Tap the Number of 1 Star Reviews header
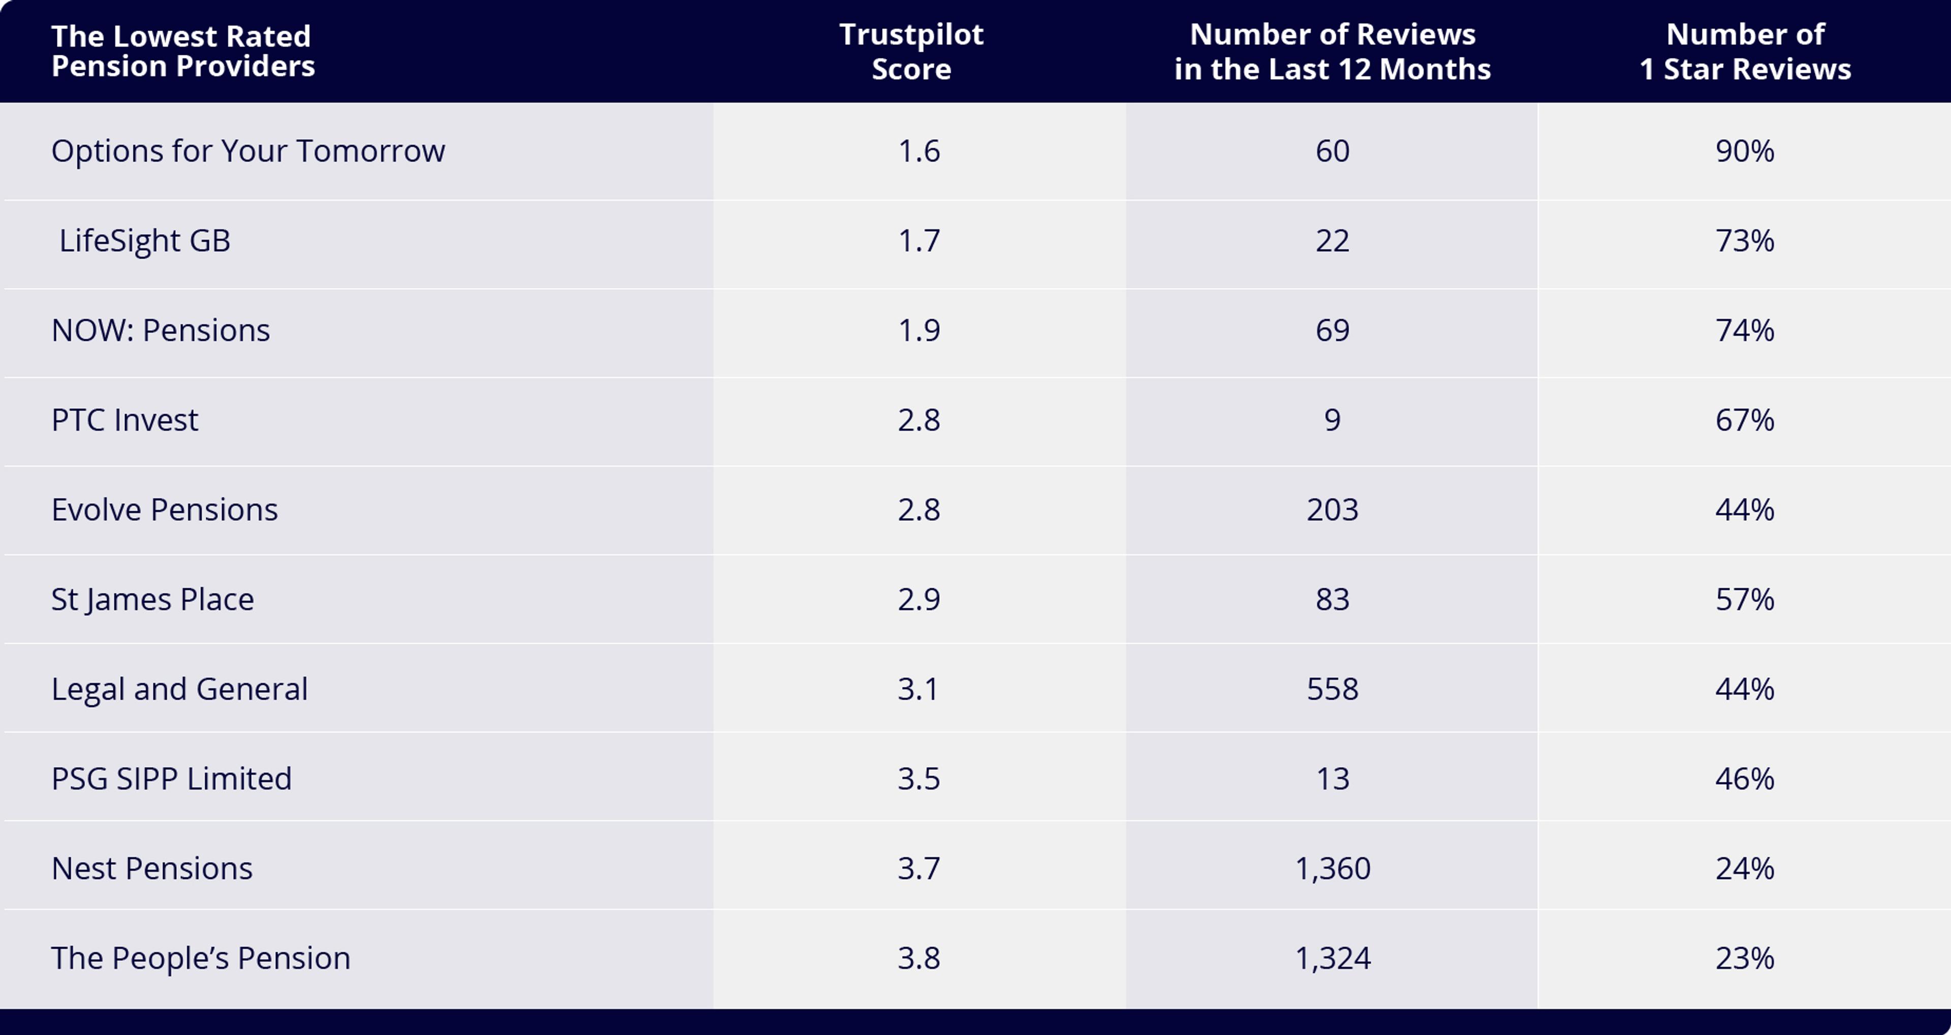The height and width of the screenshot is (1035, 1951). [1745, 51]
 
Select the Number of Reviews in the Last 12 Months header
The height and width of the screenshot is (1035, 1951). [1332, 51]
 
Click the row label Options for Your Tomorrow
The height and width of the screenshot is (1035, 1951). [247, 151]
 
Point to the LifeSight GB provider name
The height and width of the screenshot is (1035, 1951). [145, 241]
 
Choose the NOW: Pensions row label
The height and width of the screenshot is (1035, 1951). [161, 330]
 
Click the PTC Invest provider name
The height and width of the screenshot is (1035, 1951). [125, 420]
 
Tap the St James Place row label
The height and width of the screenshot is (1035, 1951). [152, 600]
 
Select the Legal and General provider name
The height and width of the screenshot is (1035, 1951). [179, 689]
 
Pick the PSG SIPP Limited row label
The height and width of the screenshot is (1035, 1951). [171, 778]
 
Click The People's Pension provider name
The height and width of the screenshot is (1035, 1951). [201, 958]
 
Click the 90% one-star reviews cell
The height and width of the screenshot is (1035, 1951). [1745, 151]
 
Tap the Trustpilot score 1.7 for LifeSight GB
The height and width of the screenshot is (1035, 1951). [919, 241]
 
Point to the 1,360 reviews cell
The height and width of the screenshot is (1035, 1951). [1332, 868]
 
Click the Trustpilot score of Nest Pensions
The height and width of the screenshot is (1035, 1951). [919, 868]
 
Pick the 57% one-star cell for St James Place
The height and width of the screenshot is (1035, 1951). [1745, 600]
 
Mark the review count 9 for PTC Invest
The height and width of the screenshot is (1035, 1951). [1332, 420]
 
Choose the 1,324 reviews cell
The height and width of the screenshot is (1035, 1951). [1332, 958]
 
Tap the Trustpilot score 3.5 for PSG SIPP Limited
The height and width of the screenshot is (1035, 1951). [919, 778]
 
